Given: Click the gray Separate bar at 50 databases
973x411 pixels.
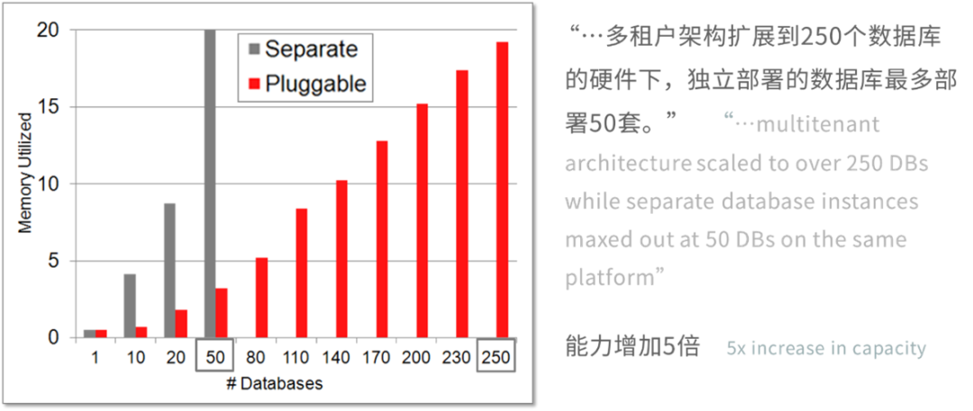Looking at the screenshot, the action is (210, 184).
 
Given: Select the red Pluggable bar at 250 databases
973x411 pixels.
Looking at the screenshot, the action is (502, 190).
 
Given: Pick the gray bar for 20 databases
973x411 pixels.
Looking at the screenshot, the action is (169, 270).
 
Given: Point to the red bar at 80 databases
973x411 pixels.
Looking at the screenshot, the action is (262, 298).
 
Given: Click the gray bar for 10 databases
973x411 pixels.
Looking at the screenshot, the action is (129, 306).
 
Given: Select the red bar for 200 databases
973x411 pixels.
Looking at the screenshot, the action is (422, 221).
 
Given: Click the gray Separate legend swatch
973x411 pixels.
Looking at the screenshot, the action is (253, 49).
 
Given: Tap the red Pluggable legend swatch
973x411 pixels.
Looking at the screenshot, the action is (253, 83).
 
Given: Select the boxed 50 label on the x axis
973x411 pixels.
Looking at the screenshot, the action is (215, 358).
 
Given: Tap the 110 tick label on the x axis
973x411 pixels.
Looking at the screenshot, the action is (296, 358).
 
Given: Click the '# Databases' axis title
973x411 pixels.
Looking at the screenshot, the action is (274, 384).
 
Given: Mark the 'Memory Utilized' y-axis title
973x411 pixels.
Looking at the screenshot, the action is (24, 173).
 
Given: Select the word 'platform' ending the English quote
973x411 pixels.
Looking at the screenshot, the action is (609, 278).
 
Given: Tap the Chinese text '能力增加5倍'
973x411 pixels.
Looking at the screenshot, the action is (632, 347).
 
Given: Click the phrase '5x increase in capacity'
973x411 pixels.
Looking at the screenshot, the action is (826, 348).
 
